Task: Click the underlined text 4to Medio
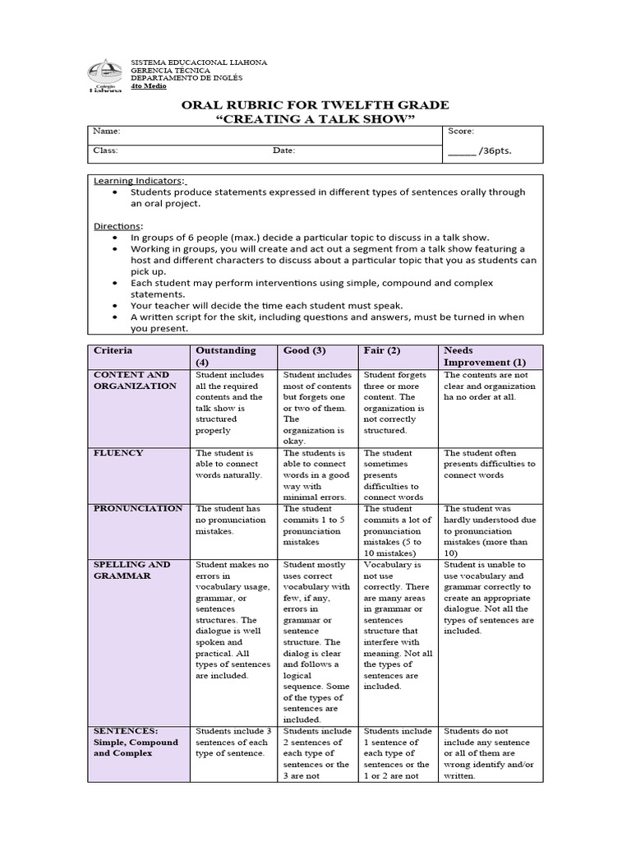point(149,86)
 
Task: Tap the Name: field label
point(107,132)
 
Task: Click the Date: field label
point(284,151)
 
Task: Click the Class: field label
point(106,151)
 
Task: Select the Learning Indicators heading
point(140,180)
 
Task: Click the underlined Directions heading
point(117,225)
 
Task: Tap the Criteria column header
point(113,350)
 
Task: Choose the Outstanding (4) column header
point(225,356)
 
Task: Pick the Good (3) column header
point(305,350)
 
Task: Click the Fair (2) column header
point(382,350)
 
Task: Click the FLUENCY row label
point(118,453)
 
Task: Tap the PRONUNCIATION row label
point(138,509)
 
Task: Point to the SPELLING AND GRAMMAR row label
point(132,570)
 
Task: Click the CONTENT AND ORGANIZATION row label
point(135,380)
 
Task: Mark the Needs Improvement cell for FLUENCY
point(489,464)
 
